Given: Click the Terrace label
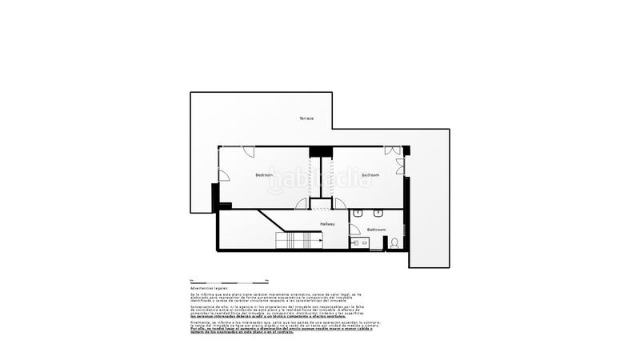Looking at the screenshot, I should (306, 118).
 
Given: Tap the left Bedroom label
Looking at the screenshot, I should (264, 174).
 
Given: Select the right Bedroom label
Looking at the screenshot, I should (370, 174).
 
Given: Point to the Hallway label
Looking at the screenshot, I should (328, 224).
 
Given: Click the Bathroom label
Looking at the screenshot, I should (376, 230).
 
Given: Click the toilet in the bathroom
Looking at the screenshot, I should (394, 242).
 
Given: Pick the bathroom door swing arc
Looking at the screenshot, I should (354, 230).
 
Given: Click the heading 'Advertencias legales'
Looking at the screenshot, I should (209, 287).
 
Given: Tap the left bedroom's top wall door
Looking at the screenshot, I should (249, 151).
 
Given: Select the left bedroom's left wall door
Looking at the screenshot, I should (223, 176).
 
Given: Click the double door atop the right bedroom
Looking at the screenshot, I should (392, 150).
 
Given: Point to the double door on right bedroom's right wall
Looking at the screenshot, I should (400, 166).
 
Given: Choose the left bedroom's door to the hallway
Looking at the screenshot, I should (302, 204).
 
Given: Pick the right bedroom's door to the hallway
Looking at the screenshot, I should (340, 203).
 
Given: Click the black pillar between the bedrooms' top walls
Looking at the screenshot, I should (321, 151).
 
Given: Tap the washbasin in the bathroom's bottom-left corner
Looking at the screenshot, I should (355, 243).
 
